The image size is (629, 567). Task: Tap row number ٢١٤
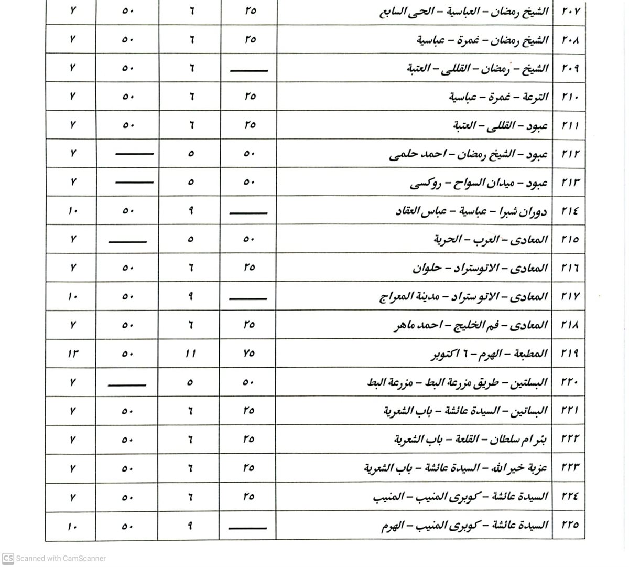coord(569,211)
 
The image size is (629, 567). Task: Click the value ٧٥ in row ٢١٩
coord(249,354)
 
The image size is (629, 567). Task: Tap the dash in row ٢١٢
coord(134,154)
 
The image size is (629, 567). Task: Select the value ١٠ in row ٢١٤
coord(72,211)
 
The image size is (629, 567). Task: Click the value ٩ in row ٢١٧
coord(190,296)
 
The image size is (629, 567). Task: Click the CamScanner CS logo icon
coord(8,558)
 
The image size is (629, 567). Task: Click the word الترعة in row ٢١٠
coord(535,97)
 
